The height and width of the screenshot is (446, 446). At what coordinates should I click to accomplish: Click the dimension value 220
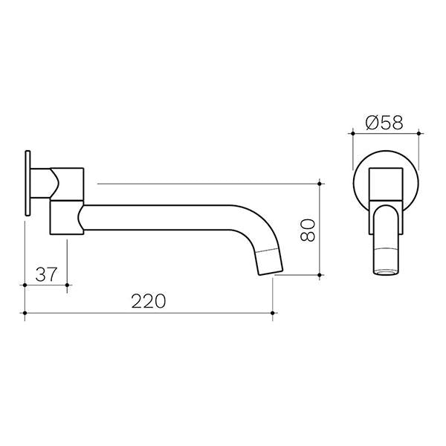point(149,301)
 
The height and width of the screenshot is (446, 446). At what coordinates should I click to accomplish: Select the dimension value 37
point(47,273)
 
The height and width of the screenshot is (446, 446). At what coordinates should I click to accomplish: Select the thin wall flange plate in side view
point(28,185)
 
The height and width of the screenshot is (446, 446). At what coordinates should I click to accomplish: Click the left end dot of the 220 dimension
point(25,314)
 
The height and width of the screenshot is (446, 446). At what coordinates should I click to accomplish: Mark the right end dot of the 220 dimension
point(274,314)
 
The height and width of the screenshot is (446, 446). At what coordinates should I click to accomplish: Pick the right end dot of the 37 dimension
point(68,284)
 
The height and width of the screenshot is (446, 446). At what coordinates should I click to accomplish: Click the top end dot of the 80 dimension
point(320,182)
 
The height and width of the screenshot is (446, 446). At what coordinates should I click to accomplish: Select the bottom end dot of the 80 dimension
point(320,275)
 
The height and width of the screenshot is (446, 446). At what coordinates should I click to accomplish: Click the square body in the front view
point(385,183)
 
